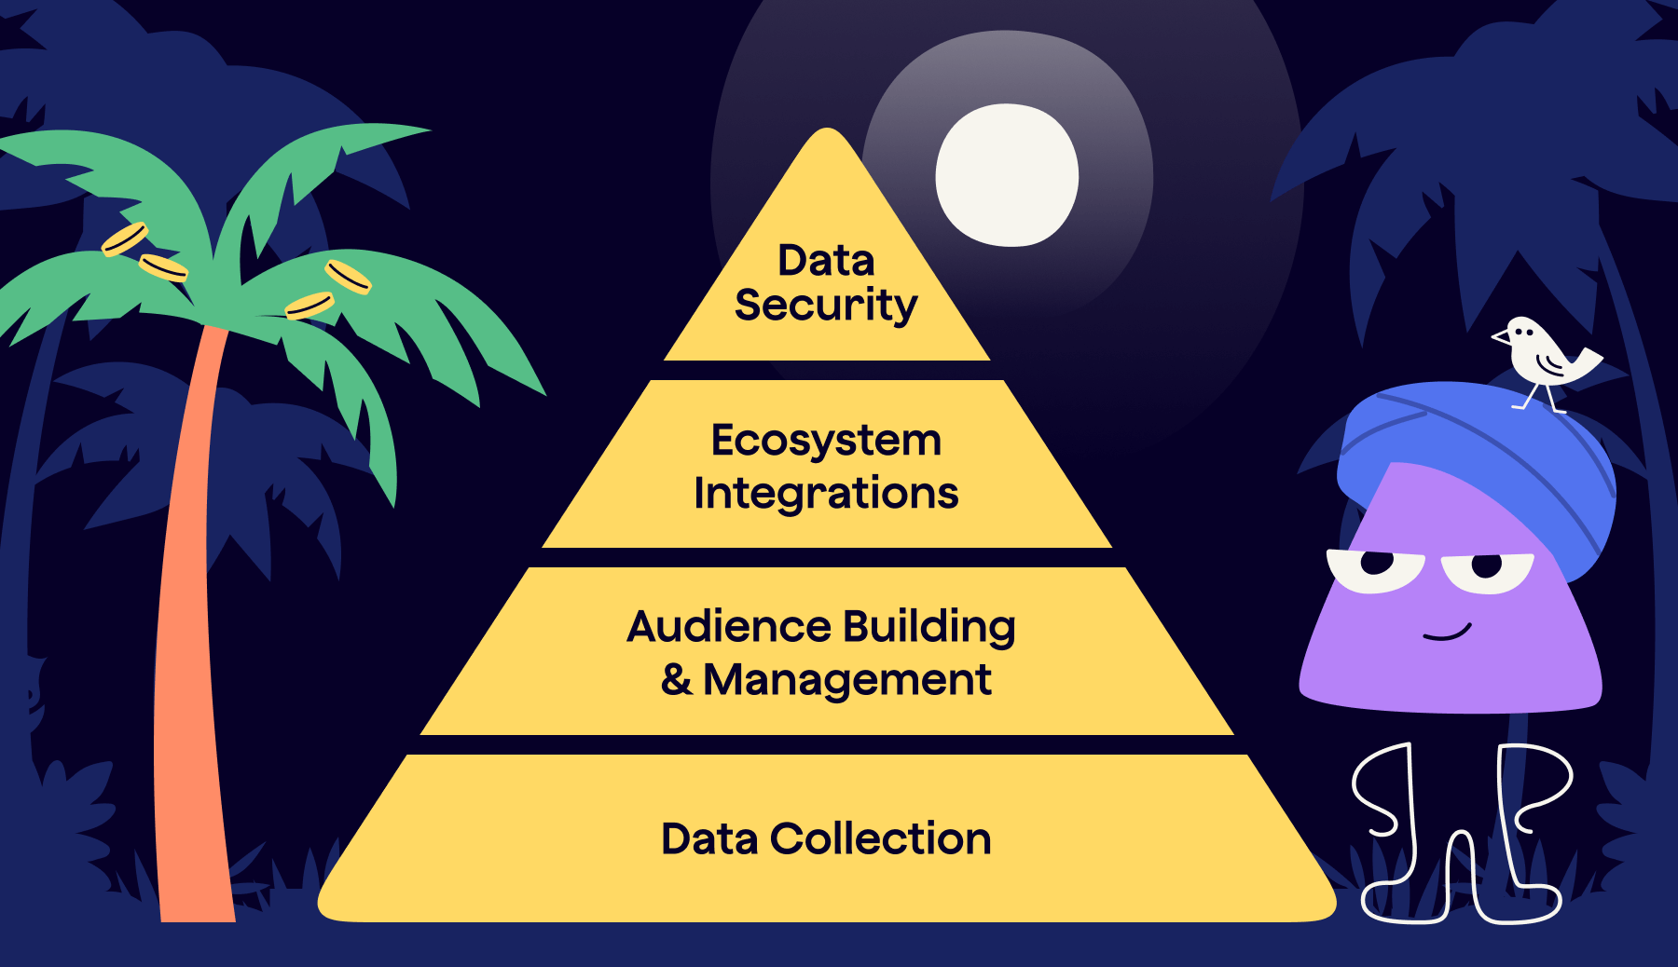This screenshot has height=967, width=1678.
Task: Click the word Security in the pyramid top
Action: [x=826, y=306]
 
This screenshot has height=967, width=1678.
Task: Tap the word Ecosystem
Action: [x=826, y=441]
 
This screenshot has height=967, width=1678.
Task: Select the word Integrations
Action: [x=826, y=493]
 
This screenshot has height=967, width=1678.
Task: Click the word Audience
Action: [x=728, y=626]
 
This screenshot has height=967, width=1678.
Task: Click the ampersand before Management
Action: [x=677, y=679]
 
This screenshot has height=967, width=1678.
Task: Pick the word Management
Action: [x=846, y=680]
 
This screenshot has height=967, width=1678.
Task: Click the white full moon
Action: [x=1007, y=175]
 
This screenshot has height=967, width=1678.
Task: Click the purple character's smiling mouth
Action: [x=1447, y=633]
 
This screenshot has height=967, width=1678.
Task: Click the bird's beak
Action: [x=1500, y=336]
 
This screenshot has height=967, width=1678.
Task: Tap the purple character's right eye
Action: [x=1487, y=568]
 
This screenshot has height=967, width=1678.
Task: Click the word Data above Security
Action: [x=826, y=261]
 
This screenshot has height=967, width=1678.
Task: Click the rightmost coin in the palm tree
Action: [x=348, y=277]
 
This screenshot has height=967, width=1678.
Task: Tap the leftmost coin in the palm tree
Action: [x=124, y=238]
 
